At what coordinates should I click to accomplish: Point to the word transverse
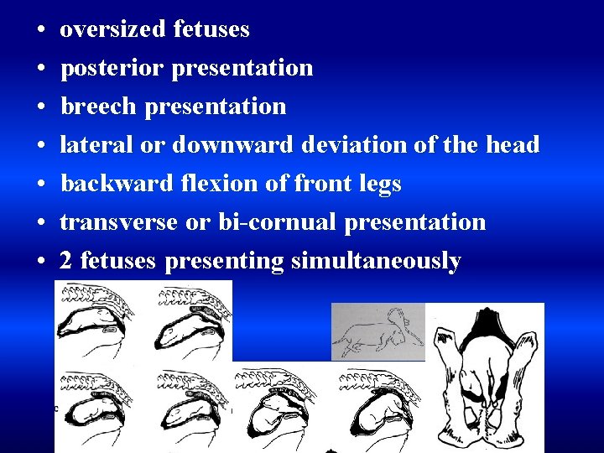click(x=118, y=222)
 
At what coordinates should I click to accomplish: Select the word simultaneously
click(x=376, y=262)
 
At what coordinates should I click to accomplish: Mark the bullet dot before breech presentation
click(x=40, y=107)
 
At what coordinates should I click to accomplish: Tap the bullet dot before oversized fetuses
click(x=40, y=30)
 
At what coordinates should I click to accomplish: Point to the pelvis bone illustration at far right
click(x=487, y=377)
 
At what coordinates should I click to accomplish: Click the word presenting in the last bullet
click(x=224, y=262)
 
